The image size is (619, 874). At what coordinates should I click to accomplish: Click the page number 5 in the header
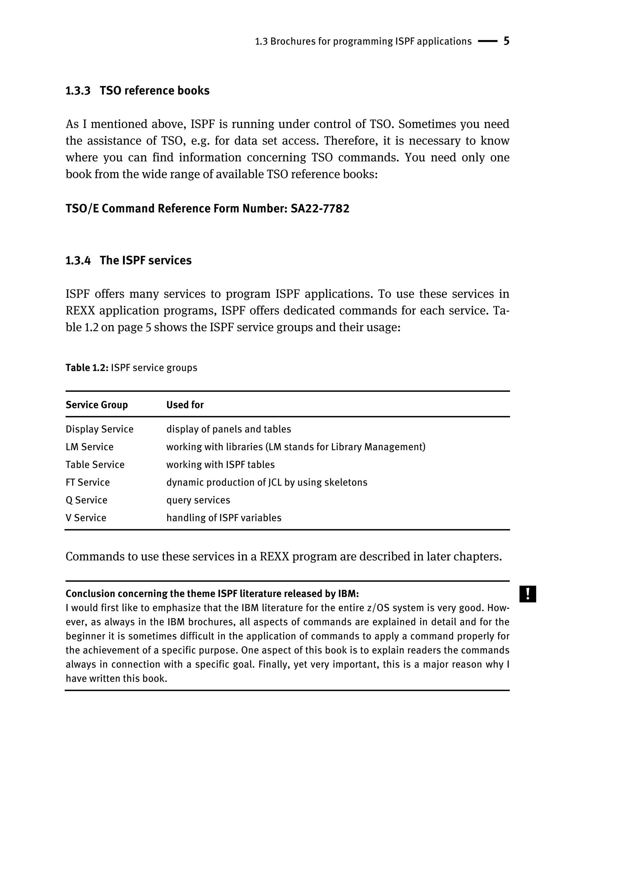pyautogui.click(x=506, y=41)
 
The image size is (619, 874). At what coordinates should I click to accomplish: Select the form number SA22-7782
pyautogui.click(x=320, y=209)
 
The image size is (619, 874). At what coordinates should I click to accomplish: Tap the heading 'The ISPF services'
pyautogui.click(x=146, y=260)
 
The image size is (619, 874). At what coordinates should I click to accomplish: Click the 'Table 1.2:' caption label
pyautogui.click(x=87, y=368)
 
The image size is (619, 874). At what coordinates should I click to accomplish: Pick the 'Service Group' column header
pyautogui.click(x=96, y=405)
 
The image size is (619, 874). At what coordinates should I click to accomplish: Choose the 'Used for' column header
pyautogui.click(x=185, y=405)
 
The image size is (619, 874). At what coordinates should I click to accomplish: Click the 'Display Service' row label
pyautogui.click(x=99, y=429)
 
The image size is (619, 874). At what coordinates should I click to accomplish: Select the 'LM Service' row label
pyautogui.click(x=89, y=447)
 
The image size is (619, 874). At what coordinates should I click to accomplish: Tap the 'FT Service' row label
pyautogui.click(x=88, y=482)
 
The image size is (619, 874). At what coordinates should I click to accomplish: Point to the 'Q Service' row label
pyautogui.click(x=86, y=500)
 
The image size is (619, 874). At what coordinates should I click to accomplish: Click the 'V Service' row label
pyautogui.click(x=86, y=518)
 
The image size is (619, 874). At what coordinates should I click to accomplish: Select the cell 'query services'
pyautogui.click(x=198, y=500)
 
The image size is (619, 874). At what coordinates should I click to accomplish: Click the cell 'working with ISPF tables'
pyautogui.click(x=220, y=465)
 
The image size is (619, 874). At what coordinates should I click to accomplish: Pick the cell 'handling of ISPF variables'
pyautogui.click(x=224, y=518)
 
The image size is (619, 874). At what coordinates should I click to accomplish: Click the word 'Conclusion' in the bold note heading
pyautogui.click(x=90, y=594)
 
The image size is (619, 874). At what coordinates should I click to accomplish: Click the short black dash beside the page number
pyautogui.click(x=488, y=41)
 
